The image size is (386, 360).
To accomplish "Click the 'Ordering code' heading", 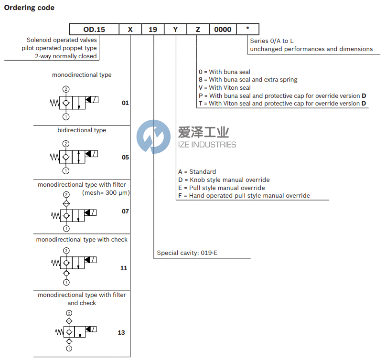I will click(x=29, y=8).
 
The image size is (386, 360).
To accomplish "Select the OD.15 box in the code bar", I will click(x=94, y=30).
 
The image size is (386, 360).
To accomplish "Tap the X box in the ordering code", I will click(x=130, y=30).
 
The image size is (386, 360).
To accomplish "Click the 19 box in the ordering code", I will click(x=153, y=30).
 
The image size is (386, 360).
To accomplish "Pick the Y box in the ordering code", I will click(x=175, y=30).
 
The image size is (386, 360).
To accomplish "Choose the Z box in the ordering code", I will click(x=198, y=30).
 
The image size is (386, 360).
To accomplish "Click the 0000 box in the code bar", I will click(x=223, y=30).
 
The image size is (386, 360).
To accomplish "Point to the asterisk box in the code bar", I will click(x=247, y=30).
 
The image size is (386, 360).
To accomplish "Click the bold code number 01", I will click(x=125, y=103).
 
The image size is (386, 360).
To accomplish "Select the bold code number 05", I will click(x=125, y=157).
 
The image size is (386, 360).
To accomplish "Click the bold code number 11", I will click(x=124, y=268).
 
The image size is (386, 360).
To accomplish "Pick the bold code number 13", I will click(x=121, y=332).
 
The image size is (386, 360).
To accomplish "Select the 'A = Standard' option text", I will click(x=197, y=171).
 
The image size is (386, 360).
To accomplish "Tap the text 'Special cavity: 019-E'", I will click(x=187, y=253).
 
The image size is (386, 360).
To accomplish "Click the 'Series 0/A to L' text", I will click(x=272, y=41).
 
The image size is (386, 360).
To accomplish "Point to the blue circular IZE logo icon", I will click(x=153, y=137).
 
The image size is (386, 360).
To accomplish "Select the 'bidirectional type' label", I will click(x=82, y=130).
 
